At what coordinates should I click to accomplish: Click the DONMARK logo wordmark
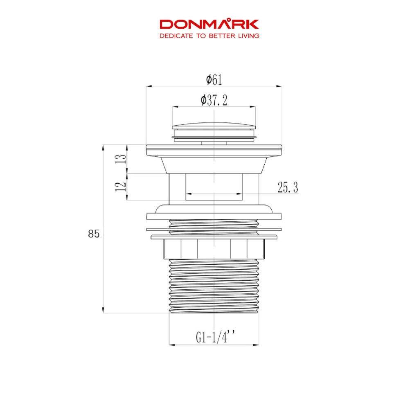click(x=209, y=24)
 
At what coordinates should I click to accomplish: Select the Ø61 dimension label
click(x=214, y=80)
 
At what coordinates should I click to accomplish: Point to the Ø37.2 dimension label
click(x=214, y=100)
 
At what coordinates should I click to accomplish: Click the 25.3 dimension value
click(x=288, y=187)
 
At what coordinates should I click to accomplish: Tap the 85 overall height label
click(x=94, y=234)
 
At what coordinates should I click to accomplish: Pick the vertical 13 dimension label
click(x=121, y=159)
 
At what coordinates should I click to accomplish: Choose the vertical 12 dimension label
click(x=121, y=186)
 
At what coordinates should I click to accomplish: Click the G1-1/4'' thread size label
click(x=215, y=337)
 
